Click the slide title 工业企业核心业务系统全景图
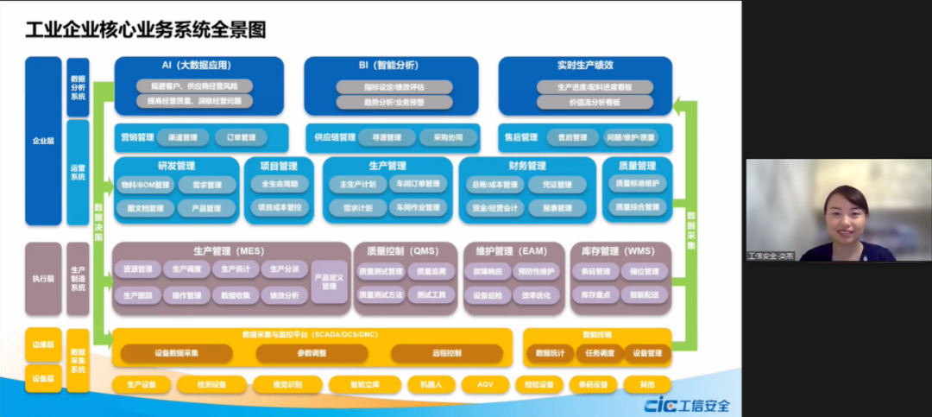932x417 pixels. [145, 29]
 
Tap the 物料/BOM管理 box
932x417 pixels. [146, 185]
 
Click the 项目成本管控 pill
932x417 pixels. [278, 208]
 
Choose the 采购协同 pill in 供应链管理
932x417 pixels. [448, 137]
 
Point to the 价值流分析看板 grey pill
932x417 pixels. [595, 102]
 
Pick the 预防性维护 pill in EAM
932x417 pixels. [535, 271]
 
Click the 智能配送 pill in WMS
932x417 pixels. [644, 294]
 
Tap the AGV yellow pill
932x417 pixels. [485, 384]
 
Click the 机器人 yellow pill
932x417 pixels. [425, 384]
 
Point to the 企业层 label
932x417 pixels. [43, 140]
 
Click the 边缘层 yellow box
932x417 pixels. [43, 344]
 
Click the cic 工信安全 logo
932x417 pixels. [687, 406]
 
